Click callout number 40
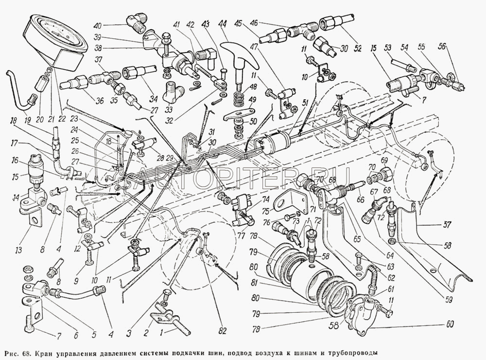(x=97, y=25)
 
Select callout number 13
(x=18, y=251)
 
